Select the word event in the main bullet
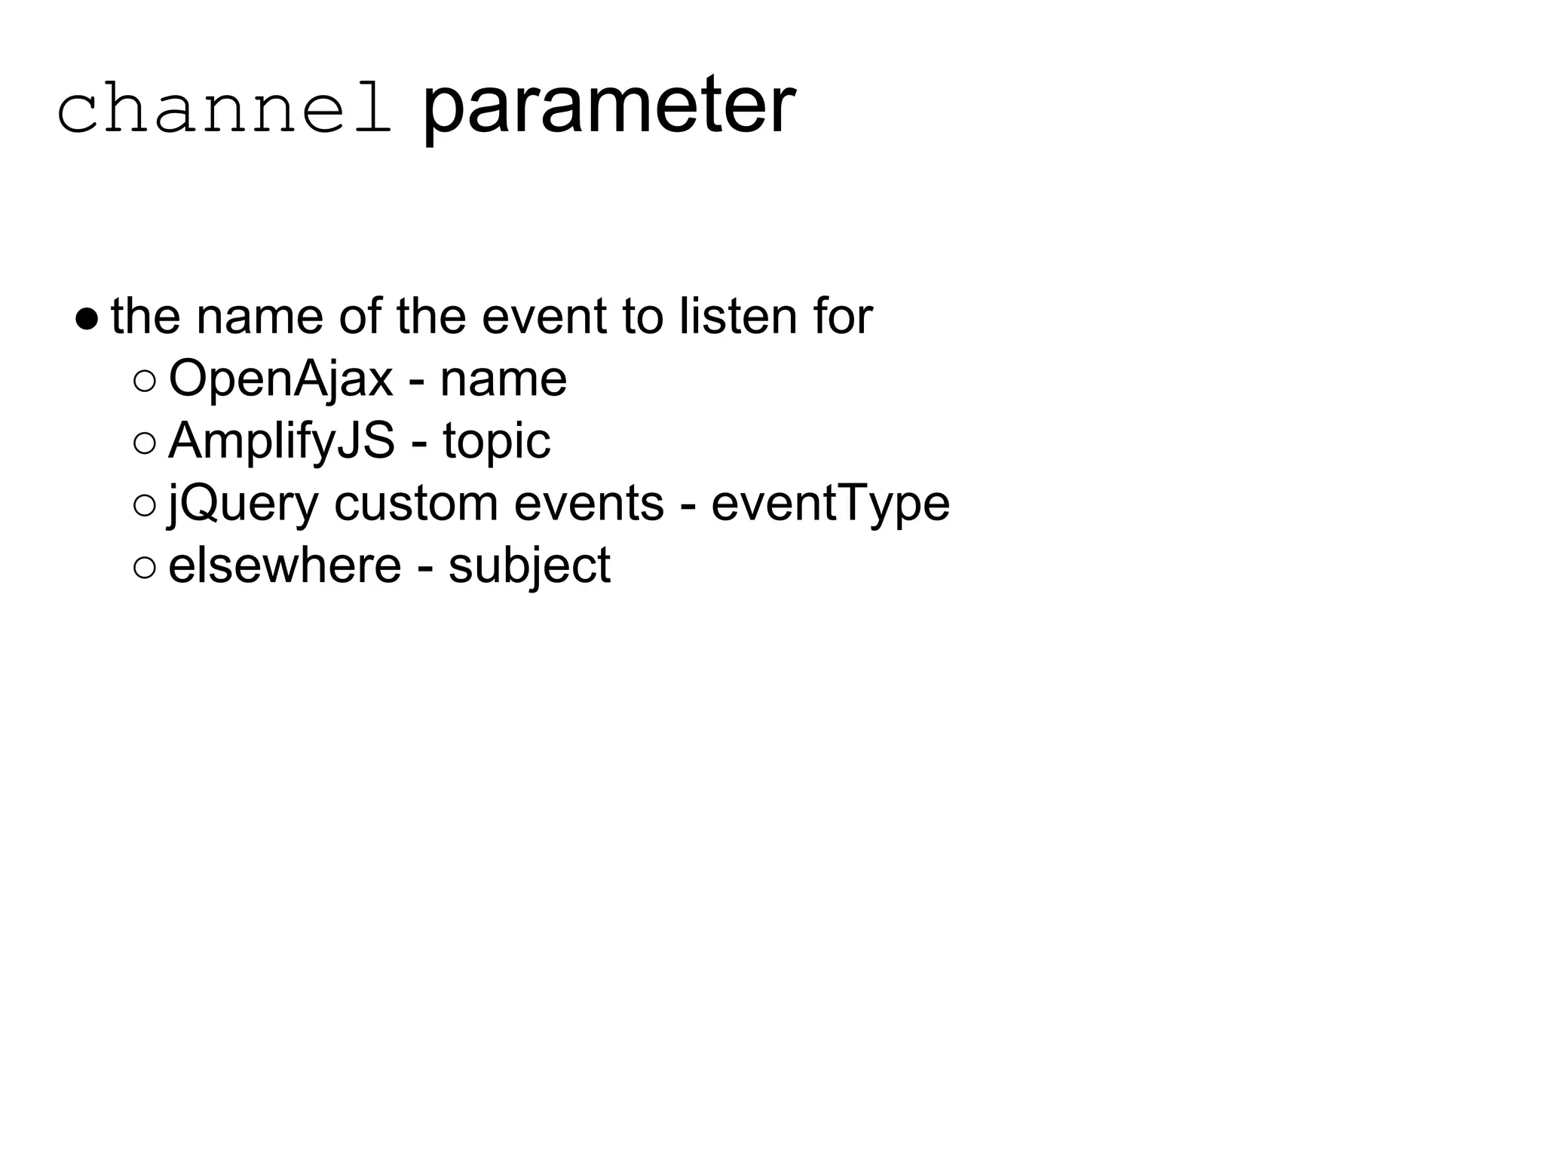(544, 317)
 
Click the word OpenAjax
(280, 379)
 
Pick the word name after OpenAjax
(503, 379)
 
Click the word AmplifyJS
(281, 442)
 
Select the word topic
(496, 442)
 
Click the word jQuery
(243, 504)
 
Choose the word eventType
(830, 504)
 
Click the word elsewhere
(284, 566)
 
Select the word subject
(528, 566)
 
